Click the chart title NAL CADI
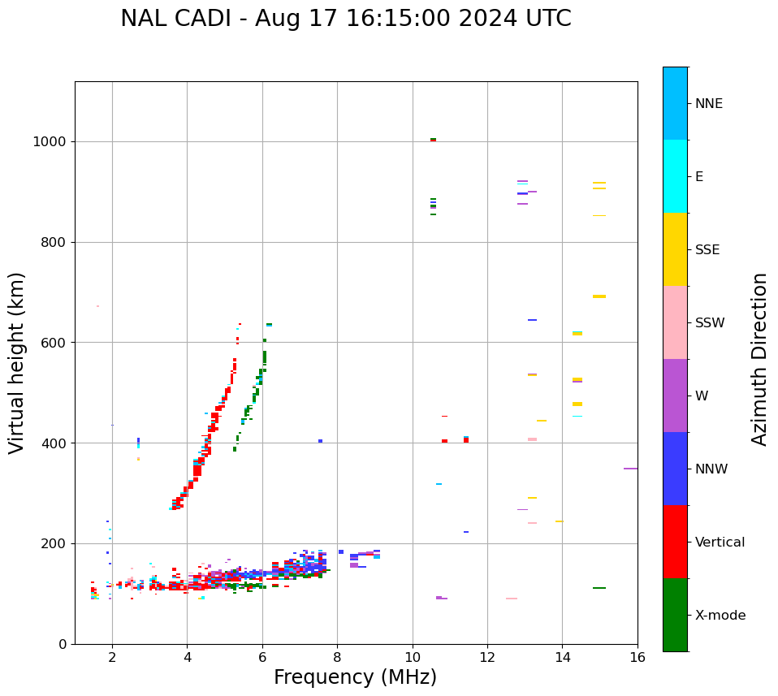[345, 19]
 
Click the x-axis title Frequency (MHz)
[355, 677]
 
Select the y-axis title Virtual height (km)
[17, 362]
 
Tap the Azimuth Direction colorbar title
[759, 359]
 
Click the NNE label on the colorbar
[709, 104]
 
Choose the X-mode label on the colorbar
[720, 616]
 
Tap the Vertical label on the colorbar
[720, 543]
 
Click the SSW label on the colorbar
[710, 323]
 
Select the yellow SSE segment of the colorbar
[675, 249]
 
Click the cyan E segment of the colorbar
[675, 176]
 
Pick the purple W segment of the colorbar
[675, 396]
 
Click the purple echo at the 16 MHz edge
[630, 469]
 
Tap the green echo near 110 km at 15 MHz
[599, 588]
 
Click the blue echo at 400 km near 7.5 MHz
[320, 441]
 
